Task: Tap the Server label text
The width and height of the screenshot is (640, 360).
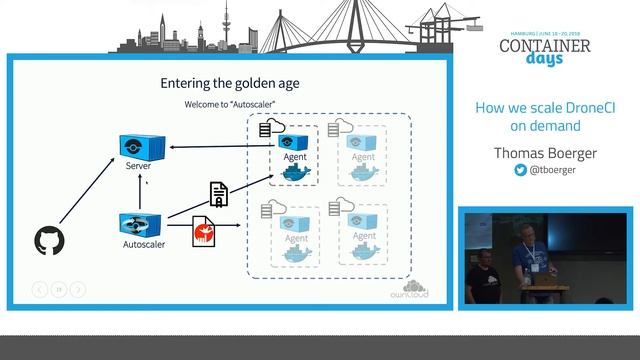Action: pos(138,166)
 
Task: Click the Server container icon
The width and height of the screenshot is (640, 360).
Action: pos(138,146)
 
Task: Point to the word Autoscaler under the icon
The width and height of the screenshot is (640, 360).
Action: pos(144,243)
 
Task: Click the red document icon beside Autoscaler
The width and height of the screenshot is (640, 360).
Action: pos(204,232)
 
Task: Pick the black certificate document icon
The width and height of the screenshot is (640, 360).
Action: pos(218,194)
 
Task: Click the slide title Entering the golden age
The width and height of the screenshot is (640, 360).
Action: pos(230,83)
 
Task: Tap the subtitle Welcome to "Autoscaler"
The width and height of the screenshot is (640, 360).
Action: pos(231,104)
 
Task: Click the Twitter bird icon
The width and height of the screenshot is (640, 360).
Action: pos(520,171)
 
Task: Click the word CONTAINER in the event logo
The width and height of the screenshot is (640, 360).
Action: pos(544,46)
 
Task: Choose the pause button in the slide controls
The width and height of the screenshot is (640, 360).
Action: pos(59,290)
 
